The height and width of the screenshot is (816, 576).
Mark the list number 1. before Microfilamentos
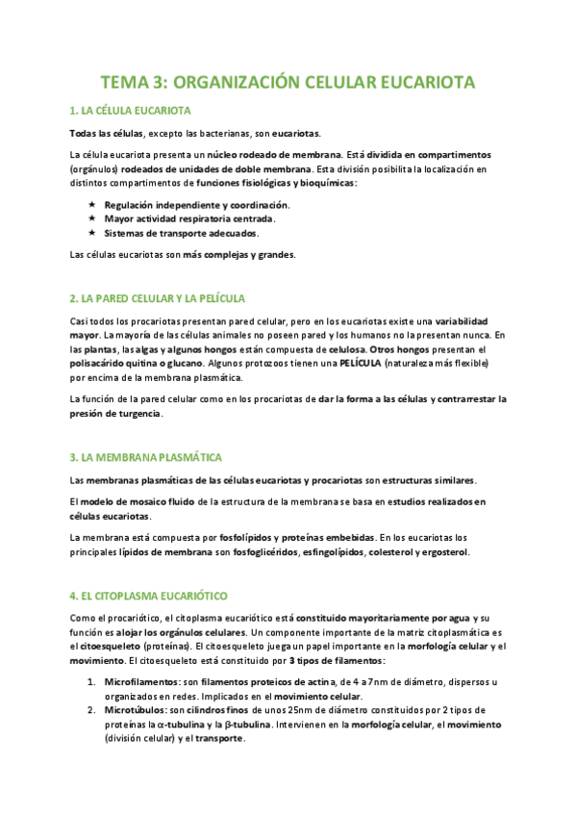(x=90, y=681)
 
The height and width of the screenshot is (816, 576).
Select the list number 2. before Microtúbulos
(x=90, y=710)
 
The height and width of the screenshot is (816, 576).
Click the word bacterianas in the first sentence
(x=213, y=132)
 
